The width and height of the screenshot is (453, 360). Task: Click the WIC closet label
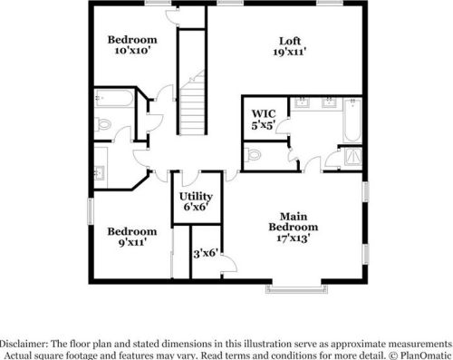coord(262,113)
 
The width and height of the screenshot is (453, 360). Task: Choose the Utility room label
coord(195,196)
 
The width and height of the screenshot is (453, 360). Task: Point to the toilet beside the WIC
coord(253,155)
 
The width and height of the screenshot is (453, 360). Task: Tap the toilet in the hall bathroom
coord(104,123)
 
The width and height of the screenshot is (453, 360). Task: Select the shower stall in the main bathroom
coord(350,158)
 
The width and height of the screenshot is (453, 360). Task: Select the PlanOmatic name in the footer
coord(425,355)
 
